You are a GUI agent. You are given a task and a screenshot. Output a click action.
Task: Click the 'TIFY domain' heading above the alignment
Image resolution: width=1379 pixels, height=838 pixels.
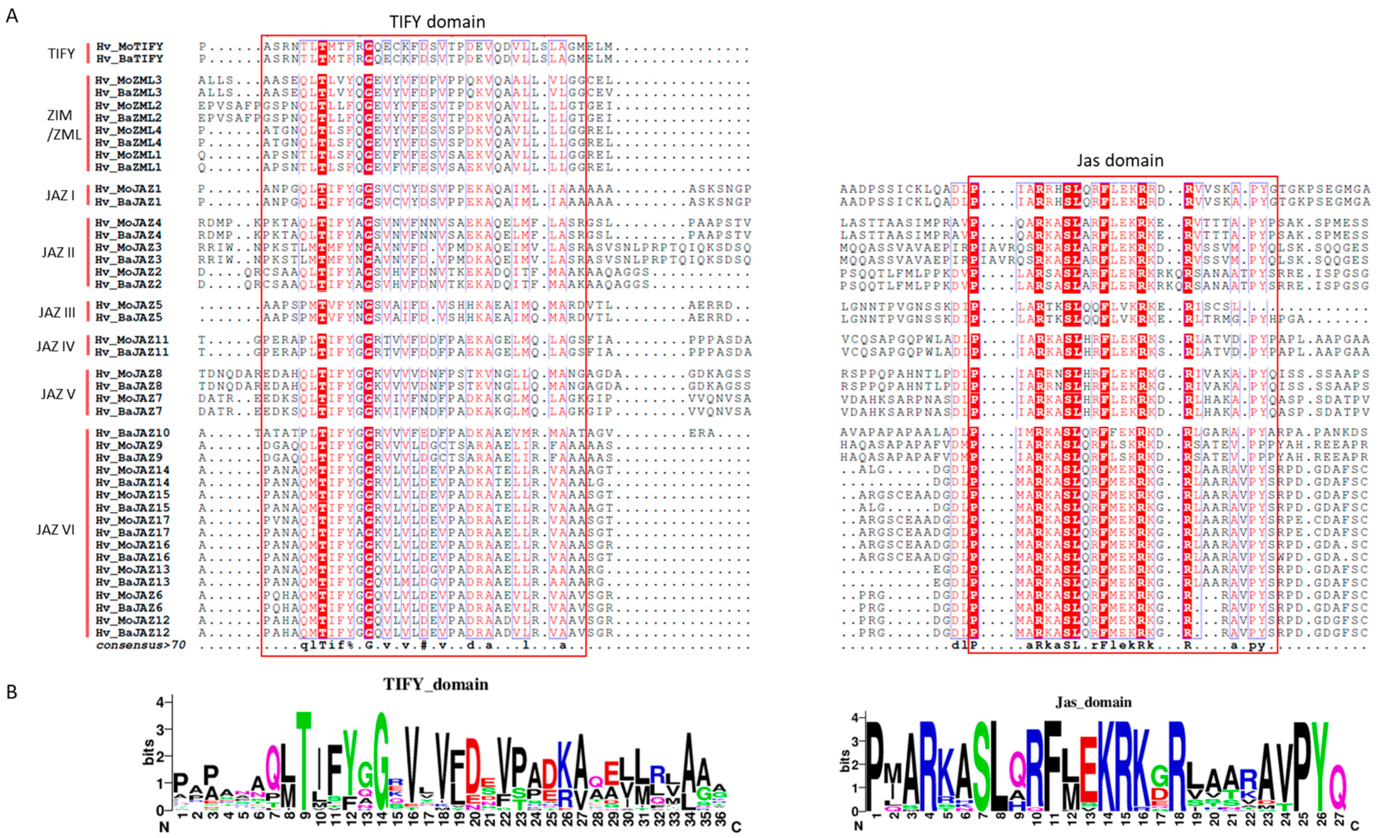(x=437, y=22)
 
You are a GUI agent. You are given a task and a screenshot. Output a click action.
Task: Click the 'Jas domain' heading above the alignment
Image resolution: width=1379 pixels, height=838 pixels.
(x=1120, y=161)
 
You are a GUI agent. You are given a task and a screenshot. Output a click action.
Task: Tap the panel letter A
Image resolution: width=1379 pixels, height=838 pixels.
(x=12, y=16)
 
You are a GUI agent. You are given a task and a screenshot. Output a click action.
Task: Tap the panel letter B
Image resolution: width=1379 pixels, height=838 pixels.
(x=12, y=692)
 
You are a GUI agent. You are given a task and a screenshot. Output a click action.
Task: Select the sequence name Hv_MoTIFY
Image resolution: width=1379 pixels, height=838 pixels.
(x=129, y=46)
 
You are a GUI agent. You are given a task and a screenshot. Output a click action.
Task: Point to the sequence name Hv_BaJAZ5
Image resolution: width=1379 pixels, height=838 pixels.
(x=129, y=318)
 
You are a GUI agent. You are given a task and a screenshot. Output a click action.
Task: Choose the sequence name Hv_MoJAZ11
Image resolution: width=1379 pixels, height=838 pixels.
(x=132, y=340)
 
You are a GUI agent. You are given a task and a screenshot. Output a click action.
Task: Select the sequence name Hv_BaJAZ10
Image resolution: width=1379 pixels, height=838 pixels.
(x=132, y=433)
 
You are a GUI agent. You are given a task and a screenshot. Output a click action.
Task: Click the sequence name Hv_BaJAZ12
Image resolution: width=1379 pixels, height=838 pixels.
(x=132, y=633)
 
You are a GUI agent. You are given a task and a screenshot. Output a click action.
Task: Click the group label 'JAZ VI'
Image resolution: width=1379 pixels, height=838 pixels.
(x=55, y=530)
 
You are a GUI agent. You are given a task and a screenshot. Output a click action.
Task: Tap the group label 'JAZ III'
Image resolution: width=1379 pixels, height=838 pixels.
(x=57, y=312)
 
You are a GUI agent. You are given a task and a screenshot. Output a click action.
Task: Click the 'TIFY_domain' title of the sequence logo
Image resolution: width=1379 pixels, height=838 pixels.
(x=435, y=685)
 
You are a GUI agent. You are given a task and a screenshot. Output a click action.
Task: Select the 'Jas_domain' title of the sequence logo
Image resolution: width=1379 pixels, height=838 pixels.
(x=1093, y=702)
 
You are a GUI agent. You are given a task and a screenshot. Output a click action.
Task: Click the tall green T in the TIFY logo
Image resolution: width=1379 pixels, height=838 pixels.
(x=303, y=761)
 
